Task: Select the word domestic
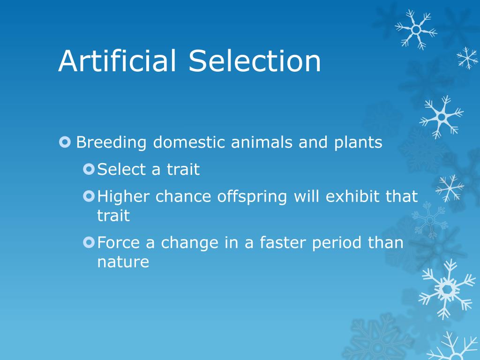(188, 142)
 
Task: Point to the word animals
(262, 142)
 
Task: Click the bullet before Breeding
(65, 142)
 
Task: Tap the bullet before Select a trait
(89, 169)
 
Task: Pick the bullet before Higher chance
(89, 196)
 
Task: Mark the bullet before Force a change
(89, 242)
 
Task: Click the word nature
(123, 262)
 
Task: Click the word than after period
(385, 242)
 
